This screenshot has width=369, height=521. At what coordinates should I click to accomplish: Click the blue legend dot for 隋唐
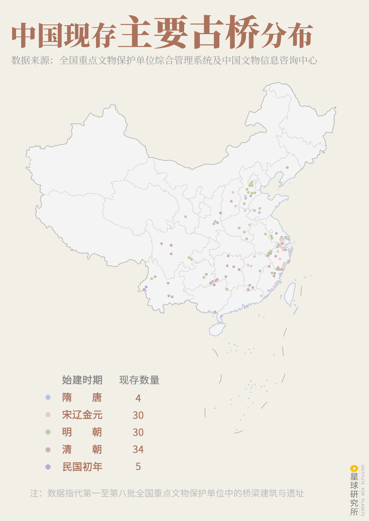coord(48,397)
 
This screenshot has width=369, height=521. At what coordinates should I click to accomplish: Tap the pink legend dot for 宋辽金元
coord(48,415)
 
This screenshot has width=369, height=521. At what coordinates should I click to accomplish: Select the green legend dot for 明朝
coord(48,432)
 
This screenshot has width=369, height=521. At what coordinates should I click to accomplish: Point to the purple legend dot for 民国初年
coord(48,467)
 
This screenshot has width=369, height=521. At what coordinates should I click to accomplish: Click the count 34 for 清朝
coord(138,449)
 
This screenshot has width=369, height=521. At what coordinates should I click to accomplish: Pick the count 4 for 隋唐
coord(138,398)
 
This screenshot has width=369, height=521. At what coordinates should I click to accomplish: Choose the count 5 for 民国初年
coord(138,467)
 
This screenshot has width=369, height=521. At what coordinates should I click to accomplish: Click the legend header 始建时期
coord(82,380)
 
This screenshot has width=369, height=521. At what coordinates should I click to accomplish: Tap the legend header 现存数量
coord(139,380)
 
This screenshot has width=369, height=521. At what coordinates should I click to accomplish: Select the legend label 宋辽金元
coord(82,415)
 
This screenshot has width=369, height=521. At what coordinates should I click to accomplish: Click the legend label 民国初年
coord(82,467)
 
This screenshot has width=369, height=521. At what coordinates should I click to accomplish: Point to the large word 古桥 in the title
coord(224,32)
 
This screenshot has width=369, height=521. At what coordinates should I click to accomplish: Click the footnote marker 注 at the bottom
coord(34,493)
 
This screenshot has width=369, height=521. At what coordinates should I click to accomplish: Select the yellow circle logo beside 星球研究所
coord(354,468)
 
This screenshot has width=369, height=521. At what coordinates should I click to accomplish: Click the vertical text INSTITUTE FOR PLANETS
coord(363,490)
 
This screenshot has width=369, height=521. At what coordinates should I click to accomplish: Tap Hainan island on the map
coord(217,329)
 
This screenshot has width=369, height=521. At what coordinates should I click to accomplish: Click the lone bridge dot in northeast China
coord(287,168)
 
